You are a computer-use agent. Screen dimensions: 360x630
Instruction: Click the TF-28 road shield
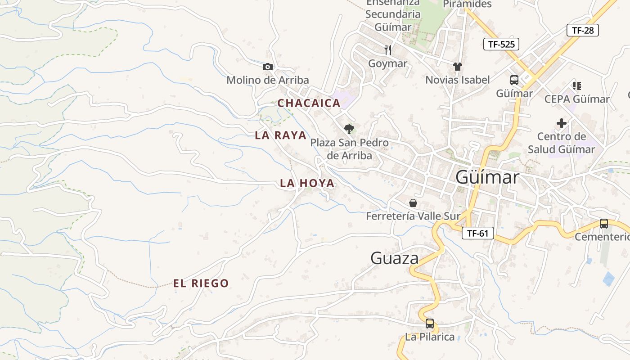[583, 30]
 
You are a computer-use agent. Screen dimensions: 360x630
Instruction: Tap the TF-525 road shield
[501, 44]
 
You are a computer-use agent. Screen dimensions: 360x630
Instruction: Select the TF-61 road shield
[477, 233]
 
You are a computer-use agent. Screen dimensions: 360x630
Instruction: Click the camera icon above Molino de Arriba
[268, 67]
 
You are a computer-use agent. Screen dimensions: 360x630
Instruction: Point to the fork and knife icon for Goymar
[388, 49]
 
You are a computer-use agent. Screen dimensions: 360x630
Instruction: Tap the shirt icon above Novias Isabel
[458, 67]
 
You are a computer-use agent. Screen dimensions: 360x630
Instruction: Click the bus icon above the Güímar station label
[514, 80]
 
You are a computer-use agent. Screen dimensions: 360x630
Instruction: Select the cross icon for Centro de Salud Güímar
[562, 123]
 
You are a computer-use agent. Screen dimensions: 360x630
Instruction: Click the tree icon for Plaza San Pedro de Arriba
[349, 130]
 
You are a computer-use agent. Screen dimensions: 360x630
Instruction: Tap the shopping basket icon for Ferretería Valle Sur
[413, 203]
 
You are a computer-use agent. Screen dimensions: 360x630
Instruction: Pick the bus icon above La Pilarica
[430, 323]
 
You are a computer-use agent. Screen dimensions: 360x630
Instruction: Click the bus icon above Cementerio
[604, 223]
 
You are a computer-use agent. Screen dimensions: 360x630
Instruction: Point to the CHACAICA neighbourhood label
[309, 103]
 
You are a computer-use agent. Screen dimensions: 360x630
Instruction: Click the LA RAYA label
[280, 135]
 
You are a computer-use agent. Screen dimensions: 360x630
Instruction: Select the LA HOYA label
[307, 183]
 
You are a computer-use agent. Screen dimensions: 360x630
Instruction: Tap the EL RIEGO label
[201, 283]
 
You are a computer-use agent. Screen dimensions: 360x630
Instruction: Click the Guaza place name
[395, 258]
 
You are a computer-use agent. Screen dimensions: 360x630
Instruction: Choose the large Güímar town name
[487, 177]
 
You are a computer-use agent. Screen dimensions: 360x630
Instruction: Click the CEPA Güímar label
[577, 99]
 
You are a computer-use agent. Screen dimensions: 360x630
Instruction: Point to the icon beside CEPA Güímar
[577, 85]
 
